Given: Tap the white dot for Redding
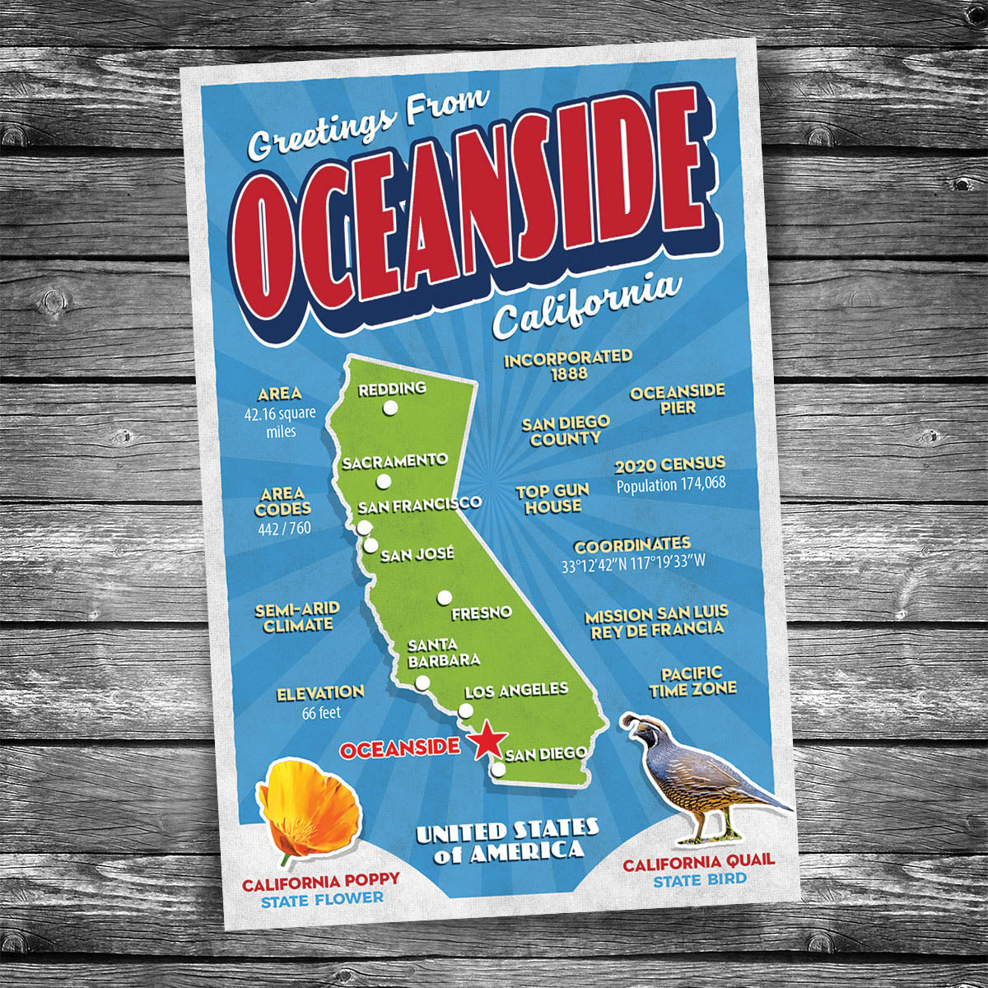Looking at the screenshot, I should (x=390, y=408).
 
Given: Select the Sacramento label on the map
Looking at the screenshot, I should (x=395, y=461).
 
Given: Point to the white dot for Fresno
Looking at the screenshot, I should (x=445, y=597).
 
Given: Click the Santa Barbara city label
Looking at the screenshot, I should (x=444, y=652).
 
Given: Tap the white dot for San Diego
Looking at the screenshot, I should (x=498, y=769).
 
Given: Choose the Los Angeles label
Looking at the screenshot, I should (x=516, y=690).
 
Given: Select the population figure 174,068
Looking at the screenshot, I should (x=671, y=483).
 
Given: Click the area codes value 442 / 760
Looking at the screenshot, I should (x=283, y=528).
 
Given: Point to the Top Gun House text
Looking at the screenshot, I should (x=552, y=499).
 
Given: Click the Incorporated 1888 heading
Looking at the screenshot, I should (x=568, y=365).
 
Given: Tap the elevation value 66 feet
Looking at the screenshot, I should (x=321, y=713).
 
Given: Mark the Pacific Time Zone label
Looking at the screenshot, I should (x=692, y=682).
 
